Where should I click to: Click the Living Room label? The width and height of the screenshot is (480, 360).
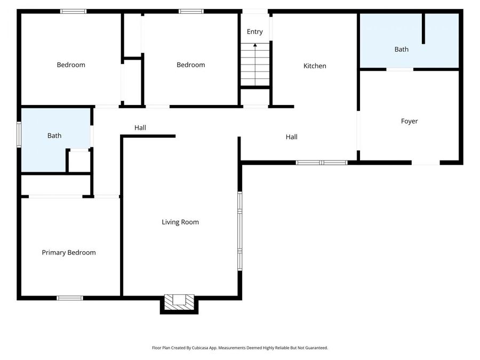pyautogui.click(x=180, y=222)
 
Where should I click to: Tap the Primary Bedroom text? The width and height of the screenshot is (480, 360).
pyautogui.click(x=69, y=252)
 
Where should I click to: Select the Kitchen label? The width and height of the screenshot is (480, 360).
pyautogui.click(x=315, y=66)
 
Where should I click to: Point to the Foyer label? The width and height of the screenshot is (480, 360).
pyautogui.click(x=409, y=121)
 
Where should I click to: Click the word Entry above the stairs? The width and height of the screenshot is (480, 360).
pyautogui.click(x=254, y=32)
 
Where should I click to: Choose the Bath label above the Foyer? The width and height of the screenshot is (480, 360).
pyautogui.click(x=401, y=49)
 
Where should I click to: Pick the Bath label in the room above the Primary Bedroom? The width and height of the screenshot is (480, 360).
pyautogui.click(x=54, y=135)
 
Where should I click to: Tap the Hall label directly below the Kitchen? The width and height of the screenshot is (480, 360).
pyautogui.click(x=291, y=137)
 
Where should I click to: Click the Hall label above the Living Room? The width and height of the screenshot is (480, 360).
pyautogui.click(x=140, y=127)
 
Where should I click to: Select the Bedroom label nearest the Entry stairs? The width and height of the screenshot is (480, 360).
pyautogui.click(x=190, y=65)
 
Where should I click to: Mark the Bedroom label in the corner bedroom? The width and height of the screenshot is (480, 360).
pyautogui.click(x=71, y=65)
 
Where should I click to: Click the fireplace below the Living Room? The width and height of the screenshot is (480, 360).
pyautogui.click(x=179, y=301)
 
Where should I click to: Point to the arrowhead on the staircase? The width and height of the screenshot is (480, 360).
pyautogui.click(x=255, y=45)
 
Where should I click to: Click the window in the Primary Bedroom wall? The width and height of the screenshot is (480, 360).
pyautogui.click(x=70, y=298)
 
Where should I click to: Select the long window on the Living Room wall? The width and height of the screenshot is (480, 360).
pyautogui.click(x=240, y=230)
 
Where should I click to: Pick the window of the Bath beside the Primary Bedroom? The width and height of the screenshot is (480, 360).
pyautogui.click(x=19, y=134)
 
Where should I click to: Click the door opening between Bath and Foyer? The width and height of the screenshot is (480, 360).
pyautogui.click(x=399, y=69)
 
